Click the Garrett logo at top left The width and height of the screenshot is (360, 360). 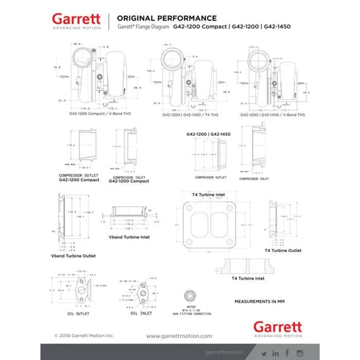[76, 21]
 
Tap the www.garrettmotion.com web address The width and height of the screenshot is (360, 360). [179, 336]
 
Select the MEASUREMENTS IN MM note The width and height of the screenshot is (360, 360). [259, 301]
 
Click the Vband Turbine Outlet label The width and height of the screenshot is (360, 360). [73, 256]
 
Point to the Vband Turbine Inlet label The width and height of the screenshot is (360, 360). [129, 238]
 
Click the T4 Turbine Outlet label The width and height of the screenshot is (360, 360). [283, 250]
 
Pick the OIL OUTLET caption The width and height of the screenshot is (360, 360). [78, 313]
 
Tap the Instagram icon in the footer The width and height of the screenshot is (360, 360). [300, 353]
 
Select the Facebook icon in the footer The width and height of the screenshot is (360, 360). [287, 353]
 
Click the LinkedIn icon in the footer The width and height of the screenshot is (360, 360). [276, 353]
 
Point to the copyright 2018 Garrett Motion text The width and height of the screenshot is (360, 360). [84, 336]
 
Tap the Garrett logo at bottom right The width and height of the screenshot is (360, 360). [278, 328]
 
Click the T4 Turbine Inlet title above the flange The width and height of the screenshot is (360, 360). [208, 194]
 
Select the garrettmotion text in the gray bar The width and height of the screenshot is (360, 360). [223, 353]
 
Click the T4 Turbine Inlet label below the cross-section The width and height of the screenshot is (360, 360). [248, 278]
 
